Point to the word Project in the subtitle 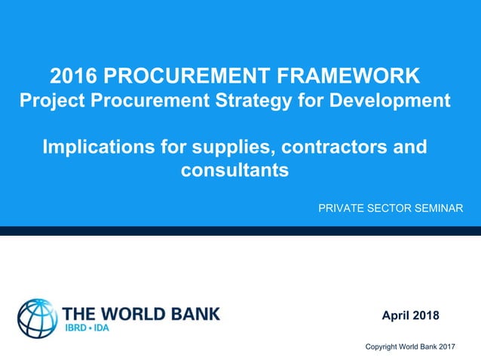[x=48, y=100]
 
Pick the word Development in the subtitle [x=390, y=100]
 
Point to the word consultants [x=234, y=170]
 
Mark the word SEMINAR [x=441, y=207]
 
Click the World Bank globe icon [x=37, y=317]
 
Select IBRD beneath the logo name [x=78, y=329]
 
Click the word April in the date [x=397, y=315]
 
